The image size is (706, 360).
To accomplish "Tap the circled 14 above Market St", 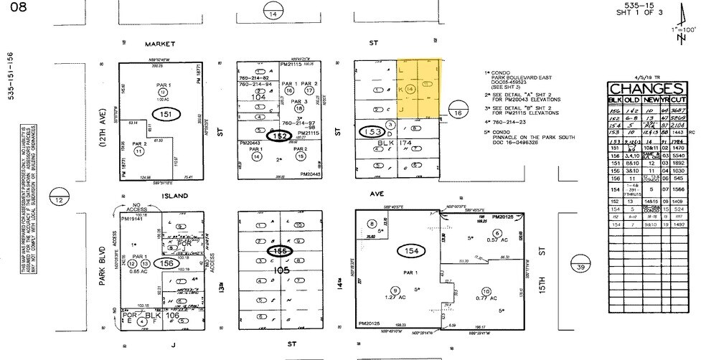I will [x=273, y=14].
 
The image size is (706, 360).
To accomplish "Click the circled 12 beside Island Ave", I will [x=57, y=200].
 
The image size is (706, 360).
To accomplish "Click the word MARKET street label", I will [x=159, y=43].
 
